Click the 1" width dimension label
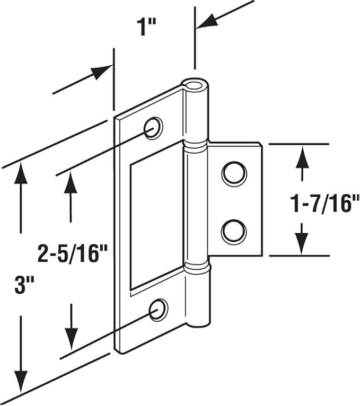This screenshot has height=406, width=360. pyautogui.click(x=146, y=27)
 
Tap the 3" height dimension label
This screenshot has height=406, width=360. pyautogui.click(x=24, y=285)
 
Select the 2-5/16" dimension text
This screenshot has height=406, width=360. pyautogui.click(x=73, y=254)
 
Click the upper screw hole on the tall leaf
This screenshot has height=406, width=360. pyautogui.click(x=153, y=128)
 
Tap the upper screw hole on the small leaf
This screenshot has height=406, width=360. pyautogui.click(x=234, y=174)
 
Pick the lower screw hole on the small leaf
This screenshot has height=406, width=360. pyautogui.click(x=234, y=232)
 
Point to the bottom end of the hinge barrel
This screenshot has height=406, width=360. pyautogui.click(x=199, y=323)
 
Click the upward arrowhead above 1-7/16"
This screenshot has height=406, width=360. pyautogui.click(x=302, y=157)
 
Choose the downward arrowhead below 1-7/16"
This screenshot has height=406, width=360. pyautogui.click(x=302, y=244)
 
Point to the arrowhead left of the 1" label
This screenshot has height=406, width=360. pyautogui.click(x=102, y=72)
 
